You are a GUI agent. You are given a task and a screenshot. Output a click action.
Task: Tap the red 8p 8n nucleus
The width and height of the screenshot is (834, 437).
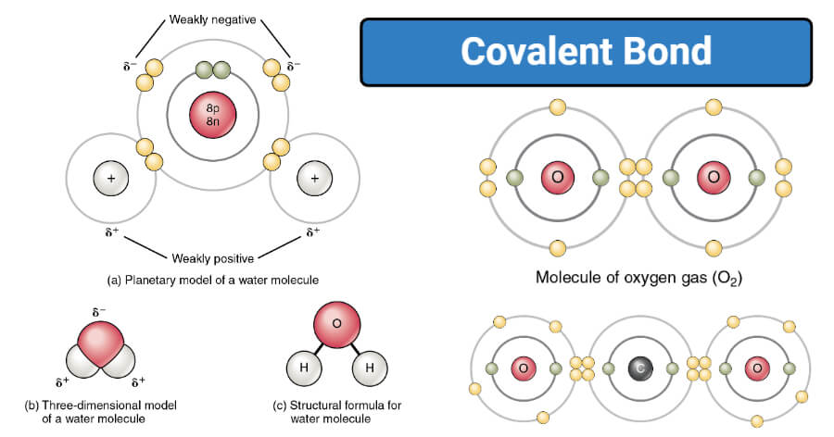pyautogui.click(x=213, y=114)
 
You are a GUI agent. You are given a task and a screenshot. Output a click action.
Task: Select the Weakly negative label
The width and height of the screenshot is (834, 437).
pyautogui.click(x=213, y=19)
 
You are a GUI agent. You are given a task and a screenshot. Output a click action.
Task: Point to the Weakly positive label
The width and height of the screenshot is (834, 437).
pyautogui.click(x=213, y=258)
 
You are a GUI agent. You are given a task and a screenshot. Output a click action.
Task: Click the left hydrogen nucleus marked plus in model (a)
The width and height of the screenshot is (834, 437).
pyautogui.click(x=111, y=178)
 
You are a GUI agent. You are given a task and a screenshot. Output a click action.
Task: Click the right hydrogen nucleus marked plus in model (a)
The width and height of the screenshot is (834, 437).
pyautogui.click(x=314, y=178)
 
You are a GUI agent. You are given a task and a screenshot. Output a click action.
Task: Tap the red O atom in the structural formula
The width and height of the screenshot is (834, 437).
pyautogui.click(x=336, y=324)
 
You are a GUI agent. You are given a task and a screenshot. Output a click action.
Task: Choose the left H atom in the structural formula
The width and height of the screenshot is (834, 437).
pyautogui.click(x=304, y=368)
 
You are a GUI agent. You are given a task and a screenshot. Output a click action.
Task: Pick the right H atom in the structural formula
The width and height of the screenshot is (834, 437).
pyautogui.click(x=370, y=368)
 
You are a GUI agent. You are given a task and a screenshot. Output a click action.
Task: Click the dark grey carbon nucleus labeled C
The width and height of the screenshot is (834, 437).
pyautogui.click(x=640, y=368)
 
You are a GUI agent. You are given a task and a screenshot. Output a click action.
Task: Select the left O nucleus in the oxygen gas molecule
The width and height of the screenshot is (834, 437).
pyautogui.click(x=558, y=177)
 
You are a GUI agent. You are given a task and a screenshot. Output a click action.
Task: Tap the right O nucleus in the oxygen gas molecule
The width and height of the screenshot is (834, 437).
pyautogui.click(x=714, y=177)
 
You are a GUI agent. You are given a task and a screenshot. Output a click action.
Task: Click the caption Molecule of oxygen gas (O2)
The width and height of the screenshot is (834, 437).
pyautogui.click(x=638, y=278)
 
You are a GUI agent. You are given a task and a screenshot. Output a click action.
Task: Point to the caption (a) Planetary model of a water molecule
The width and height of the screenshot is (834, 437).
pyautogui.click(x=213, y=281)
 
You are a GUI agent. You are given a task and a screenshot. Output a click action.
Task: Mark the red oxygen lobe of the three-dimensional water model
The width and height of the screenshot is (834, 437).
pyautogui.click(x=100, y=342)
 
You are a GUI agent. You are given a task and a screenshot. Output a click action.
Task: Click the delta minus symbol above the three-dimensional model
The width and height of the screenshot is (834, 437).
pyautogui.click(x=99, y=311)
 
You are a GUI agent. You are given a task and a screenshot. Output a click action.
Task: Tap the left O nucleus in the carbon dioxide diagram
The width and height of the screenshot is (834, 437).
pyautogui.click(x=523, y=368)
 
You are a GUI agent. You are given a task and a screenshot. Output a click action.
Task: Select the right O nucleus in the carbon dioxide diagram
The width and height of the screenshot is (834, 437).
pyautogui.click(x=757, y=368)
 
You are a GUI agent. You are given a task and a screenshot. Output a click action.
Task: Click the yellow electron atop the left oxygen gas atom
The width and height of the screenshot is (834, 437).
pyautogui.click(x=558, y=106)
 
